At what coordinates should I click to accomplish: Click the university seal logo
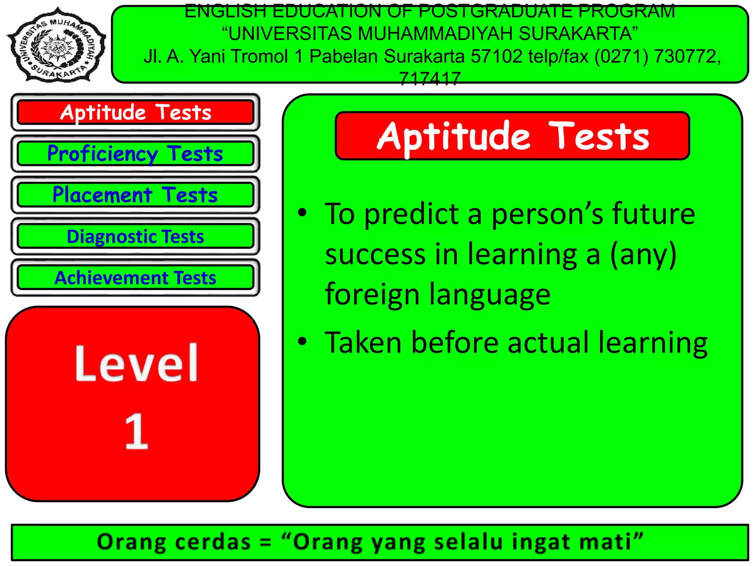tap(57, 45)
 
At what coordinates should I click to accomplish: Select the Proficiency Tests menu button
tap(135, 154)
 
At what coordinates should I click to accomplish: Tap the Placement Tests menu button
tap(135, 195)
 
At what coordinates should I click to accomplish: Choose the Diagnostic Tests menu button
tap(135, 237)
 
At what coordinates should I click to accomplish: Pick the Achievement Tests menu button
tap(135, 278)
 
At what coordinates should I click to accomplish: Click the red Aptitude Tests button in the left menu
tap(135, 112)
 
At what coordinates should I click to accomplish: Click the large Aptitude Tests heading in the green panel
tap(512, 136)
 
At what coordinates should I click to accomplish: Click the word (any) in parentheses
tap(643, 255)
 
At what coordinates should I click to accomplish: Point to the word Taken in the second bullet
tap(363, 343)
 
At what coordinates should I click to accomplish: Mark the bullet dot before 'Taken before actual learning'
tap(302, 341)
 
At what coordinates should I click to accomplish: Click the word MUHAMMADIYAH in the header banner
tap(435, 34)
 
